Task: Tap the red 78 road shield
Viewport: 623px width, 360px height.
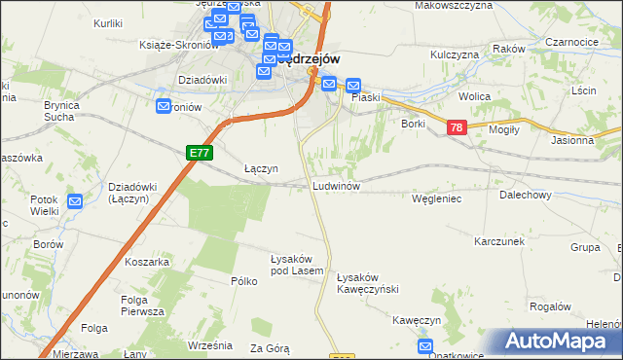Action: coord(456,128)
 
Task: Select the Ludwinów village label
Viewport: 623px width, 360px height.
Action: coord(337,185)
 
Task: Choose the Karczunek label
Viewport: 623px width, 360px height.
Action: coord(499,240)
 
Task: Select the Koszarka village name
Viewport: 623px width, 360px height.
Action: coord(148,262)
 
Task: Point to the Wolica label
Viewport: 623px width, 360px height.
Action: coord(474,97)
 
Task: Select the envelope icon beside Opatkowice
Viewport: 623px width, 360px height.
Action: coord(425,345)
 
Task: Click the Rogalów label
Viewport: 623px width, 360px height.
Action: coord(549,305)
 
